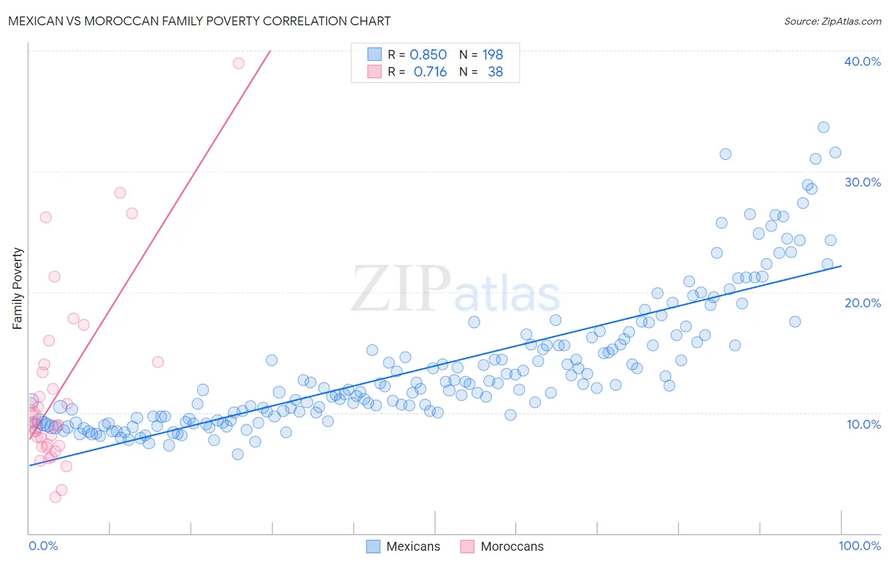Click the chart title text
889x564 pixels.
(199, 21)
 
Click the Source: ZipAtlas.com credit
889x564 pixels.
(832, 21)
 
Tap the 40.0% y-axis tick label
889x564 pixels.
(862, 61)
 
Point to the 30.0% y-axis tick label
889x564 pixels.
(862, 182)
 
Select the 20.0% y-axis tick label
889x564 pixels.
(862, 303)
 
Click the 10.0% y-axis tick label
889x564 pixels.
(863, 424)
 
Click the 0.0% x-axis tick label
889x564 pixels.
(43, 546)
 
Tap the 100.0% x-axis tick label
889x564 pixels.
(859, 546)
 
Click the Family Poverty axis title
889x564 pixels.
(18, 288)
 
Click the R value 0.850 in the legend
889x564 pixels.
(428, 54)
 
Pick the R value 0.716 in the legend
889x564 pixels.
(430, 72)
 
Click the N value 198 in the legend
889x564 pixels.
(493, 54)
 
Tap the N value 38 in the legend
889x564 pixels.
(495, 72)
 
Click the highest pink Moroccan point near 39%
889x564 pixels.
(238, 63)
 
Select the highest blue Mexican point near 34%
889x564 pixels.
(823, 127)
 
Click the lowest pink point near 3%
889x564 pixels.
(55, 497)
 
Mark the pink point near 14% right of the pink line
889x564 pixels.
(158, 362)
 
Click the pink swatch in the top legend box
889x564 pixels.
(374, 72)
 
